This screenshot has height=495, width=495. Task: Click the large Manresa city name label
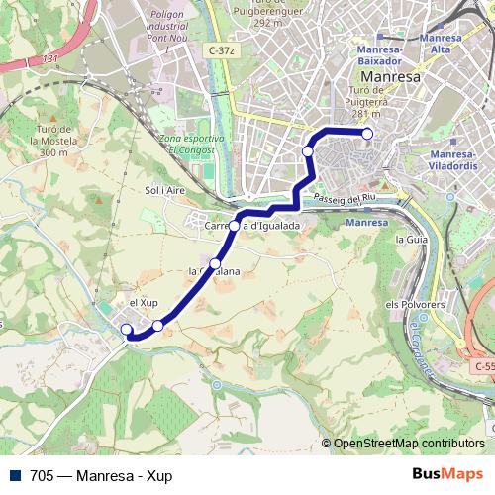click(391, 76)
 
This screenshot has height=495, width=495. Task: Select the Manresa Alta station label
click(441, 44)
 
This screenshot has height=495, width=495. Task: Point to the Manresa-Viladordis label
click(455, 160)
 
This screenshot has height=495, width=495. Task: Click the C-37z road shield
click(222, 50)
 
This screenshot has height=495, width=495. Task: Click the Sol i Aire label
click(165, 189)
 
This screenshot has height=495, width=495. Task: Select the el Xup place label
click(146, 303)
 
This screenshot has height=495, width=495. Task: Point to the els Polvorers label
click(409, 304)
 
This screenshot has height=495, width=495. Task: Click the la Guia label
click(410, 240)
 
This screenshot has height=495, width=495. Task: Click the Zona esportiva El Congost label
click(191, 144)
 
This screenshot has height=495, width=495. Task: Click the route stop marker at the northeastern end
click(367, 134)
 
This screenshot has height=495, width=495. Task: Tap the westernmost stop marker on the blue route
click(126, 330)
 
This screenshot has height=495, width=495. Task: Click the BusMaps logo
click(447, 474)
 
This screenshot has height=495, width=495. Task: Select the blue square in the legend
click(15, 474)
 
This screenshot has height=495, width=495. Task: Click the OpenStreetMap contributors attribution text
click(409, 444)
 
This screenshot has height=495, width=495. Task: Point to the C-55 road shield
click(483, 366)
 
